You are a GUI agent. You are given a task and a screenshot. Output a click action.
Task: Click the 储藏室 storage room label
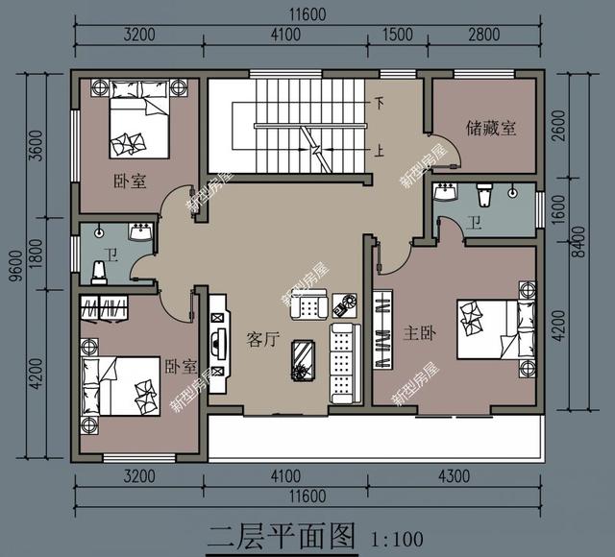tap(491, 128)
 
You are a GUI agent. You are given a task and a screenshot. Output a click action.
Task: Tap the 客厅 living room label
tap(263, 339)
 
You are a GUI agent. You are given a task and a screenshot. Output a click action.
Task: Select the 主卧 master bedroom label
tap(420, 333)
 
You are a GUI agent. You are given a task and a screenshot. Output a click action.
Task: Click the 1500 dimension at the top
tap(398, 35)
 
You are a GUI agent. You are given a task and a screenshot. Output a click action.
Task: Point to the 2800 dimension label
tap(484, 35)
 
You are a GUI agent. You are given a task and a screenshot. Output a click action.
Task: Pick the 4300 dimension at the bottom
tap(455, 476)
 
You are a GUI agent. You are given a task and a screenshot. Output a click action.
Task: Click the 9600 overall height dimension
tap(17, 266)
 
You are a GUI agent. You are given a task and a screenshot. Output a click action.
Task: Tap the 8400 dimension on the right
tap(578, 241)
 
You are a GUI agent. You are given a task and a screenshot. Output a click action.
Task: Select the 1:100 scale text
tap(397, 540)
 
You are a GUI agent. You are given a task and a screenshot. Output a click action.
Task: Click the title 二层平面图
tap(282, 536)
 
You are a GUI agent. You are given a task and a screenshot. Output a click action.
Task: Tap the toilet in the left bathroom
tap(99, 272)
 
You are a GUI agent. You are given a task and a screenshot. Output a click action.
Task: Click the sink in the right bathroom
tap(445, 191)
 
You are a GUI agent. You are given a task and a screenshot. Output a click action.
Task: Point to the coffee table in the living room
tap(303, 361)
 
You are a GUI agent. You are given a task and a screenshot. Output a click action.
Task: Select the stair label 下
tap(380, 104)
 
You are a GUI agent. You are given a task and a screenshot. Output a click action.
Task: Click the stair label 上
tap(380, 151)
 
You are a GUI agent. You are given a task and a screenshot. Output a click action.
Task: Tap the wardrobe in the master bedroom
tap(382, 329)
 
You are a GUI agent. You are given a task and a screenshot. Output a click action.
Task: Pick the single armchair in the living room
tap(309, 305)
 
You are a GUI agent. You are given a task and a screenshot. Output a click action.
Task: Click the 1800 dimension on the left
tap(37, 254)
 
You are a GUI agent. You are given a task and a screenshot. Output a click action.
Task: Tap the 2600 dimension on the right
tap(558, 126)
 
